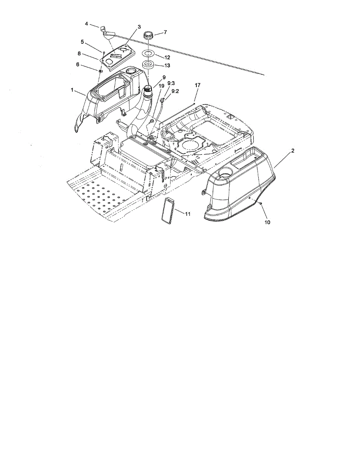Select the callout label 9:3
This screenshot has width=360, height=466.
tap(171, 83)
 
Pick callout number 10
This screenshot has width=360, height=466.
tap(267, 223)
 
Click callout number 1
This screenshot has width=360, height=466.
tap(72, 90)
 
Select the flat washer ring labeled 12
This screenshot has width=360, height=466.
tap(150, 53)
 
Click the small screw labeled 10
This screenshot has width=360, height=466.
tap(260, 203)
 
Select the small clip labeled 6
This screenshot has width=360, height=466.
tap(101, 71)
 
